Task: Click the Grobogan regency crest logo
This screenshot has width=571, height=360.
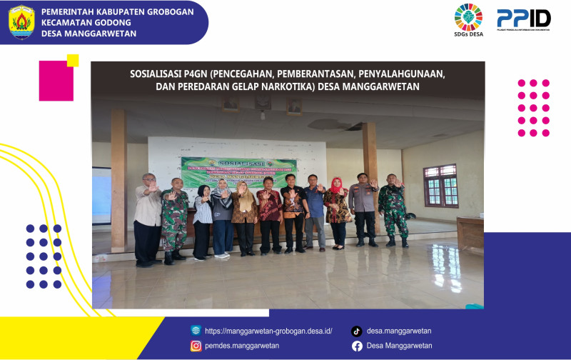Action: [x=21, y=21]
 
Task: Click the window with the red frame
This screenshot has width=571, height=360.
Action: [x=440, y=186]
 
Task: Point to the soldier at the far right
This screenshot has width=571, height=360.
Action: [x=393, y=210]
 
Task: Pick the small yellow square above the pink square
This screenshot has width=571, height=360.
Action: [x=73, y=60]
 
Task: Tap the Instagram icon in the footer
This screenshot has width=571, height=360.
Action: [x=196, y=346]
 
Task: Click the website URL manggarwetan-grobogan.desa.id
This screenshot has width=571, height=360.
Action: [x=268, y=331]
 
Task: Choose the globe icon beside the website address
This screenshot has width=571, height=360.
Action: [x=196, y=331]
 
